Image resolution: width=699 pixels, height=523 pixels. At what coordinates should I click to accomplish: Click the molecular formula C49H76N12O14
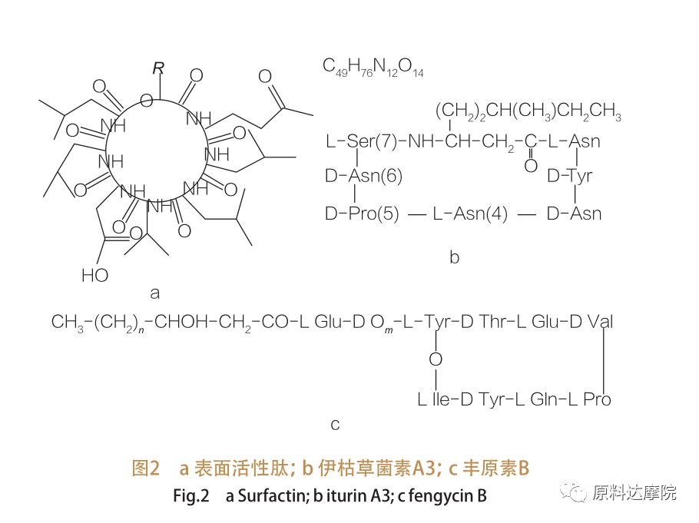(373, 68)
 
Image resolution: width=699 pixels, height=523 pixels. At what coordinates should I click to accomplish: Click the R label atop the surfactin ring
(158, 68)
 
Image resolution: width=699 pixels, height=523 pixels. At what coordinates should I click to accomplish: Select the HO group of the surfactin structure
(94, 275)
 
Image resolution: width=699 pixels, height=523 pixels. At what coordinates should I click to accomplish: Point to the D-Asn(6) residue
(363, 177)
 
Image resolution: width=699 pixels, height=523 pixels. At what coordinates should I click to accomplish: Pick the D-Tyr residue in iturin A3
(569, 177)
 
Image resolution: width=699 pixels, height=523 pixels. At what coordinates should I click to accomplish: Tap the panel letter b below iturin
(454, 258)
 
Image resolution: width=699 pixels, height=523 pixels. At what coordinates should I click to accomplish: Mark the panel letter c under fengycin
(335, 424)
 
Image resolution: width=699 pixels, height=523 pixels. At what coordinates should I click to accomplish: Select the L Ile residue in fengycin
(433, 399)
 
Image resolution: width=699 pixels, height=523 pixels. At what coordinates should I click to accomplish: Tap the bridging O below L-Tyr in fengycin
(436, 359)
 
